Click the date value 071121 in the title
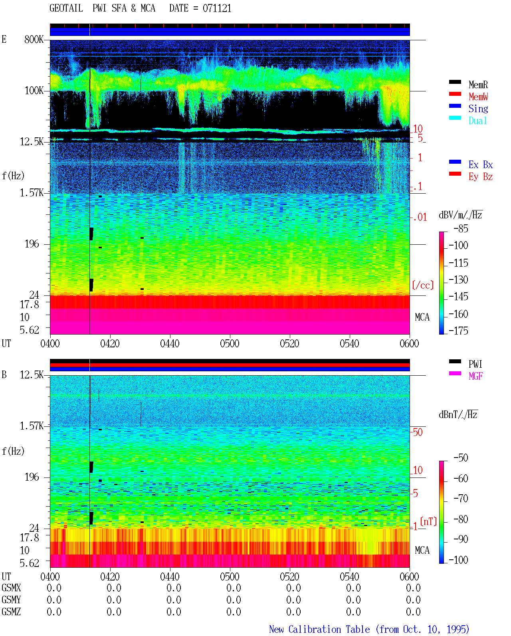217,8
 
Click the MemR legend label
478,85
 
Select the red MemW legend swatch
455,94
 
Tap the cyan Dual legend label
477,121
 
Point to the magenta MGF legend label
475,376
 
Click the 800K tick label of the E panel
34,39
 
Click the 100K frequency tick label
34,91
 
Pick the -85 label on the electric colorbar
461,228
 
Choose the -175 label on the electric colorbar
458,331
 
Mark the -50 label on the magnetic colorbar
461,458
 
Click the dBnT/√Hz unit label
458,414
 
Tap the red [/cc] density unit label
423,285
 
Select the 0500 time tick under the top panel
230,343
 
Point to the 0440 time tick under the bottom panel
170,577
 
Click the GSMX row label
11,588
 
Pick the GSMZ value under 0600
413,612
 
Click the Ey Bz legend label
481,177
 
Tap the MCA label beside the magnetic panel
422,550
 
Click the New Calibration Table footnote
369,629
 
